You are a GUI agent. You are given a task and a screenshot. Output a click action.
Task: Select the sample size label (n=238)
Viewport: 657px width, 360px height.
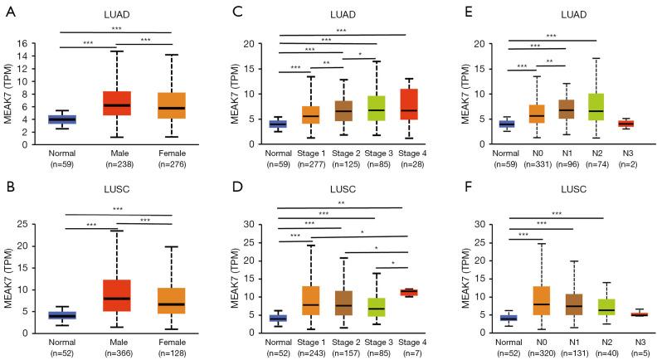point(116,164)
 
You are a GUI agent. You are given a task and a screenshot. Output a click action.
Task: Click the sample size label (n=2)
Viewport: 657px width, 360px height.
point(630,164)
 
